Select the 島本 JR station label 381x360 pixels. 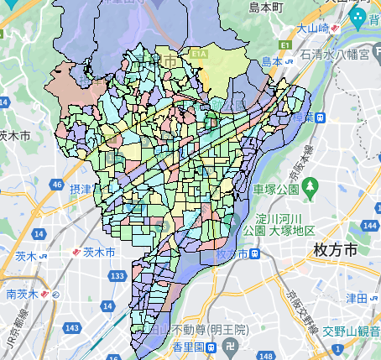[x=270, y=61]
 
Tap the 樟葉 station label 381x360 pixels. [x=315, y=117]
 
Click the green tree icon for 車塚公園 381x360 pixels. [x=311, y=184]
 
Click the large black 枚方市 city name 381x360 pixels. [x=333, y=249]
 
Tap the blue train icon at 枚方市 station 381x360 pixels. [x=252, y=253]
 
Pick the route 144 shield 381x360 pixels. [x=371, y=226]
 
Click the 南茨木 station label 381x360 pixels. [x=23, y=295]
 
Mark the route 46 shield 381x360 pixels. [x=56, y=184]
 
